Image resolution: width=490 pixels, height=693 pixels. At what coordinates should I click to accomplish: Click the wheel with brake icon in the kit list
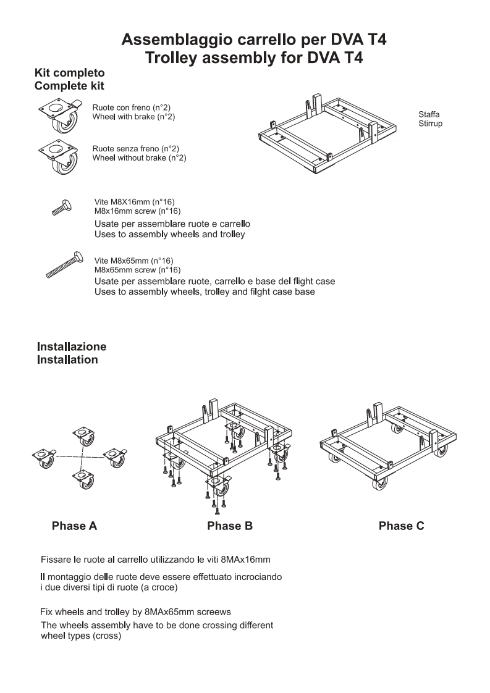tap(61, 115)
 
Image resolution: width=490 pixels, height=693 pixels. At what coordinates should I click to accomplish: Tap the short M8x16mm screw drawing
tap(63, 207)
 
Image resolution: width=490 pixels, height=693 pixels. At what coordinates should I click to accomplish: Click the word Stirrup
tap(430, 124)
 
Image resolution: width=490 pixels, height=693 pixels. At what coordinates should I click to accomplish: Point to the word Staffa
tap(429, 114)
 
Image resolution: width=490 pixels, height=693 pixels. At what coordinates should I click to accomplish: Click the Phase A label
tap(74, 526)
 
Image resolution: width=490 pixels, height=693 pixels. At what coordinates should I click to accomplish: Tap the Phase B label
tap(230, 526)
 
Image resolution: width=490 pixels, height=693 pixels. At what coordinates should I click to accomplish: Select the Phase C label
tap(401, 526)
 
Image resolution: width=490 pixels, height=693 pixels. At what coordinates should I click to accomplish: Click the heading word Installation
tap(67, 359)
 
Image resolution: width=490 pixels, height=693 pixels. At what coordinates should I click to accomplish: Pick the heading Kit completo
tap(69, 73)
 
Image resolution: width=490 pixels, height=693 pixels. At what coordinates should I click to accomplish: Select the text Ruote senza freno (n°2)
tap(136, 149)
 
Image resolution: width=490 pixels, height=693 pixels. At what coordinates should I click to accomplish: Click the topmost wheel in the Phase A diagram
tap(84, 435)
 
